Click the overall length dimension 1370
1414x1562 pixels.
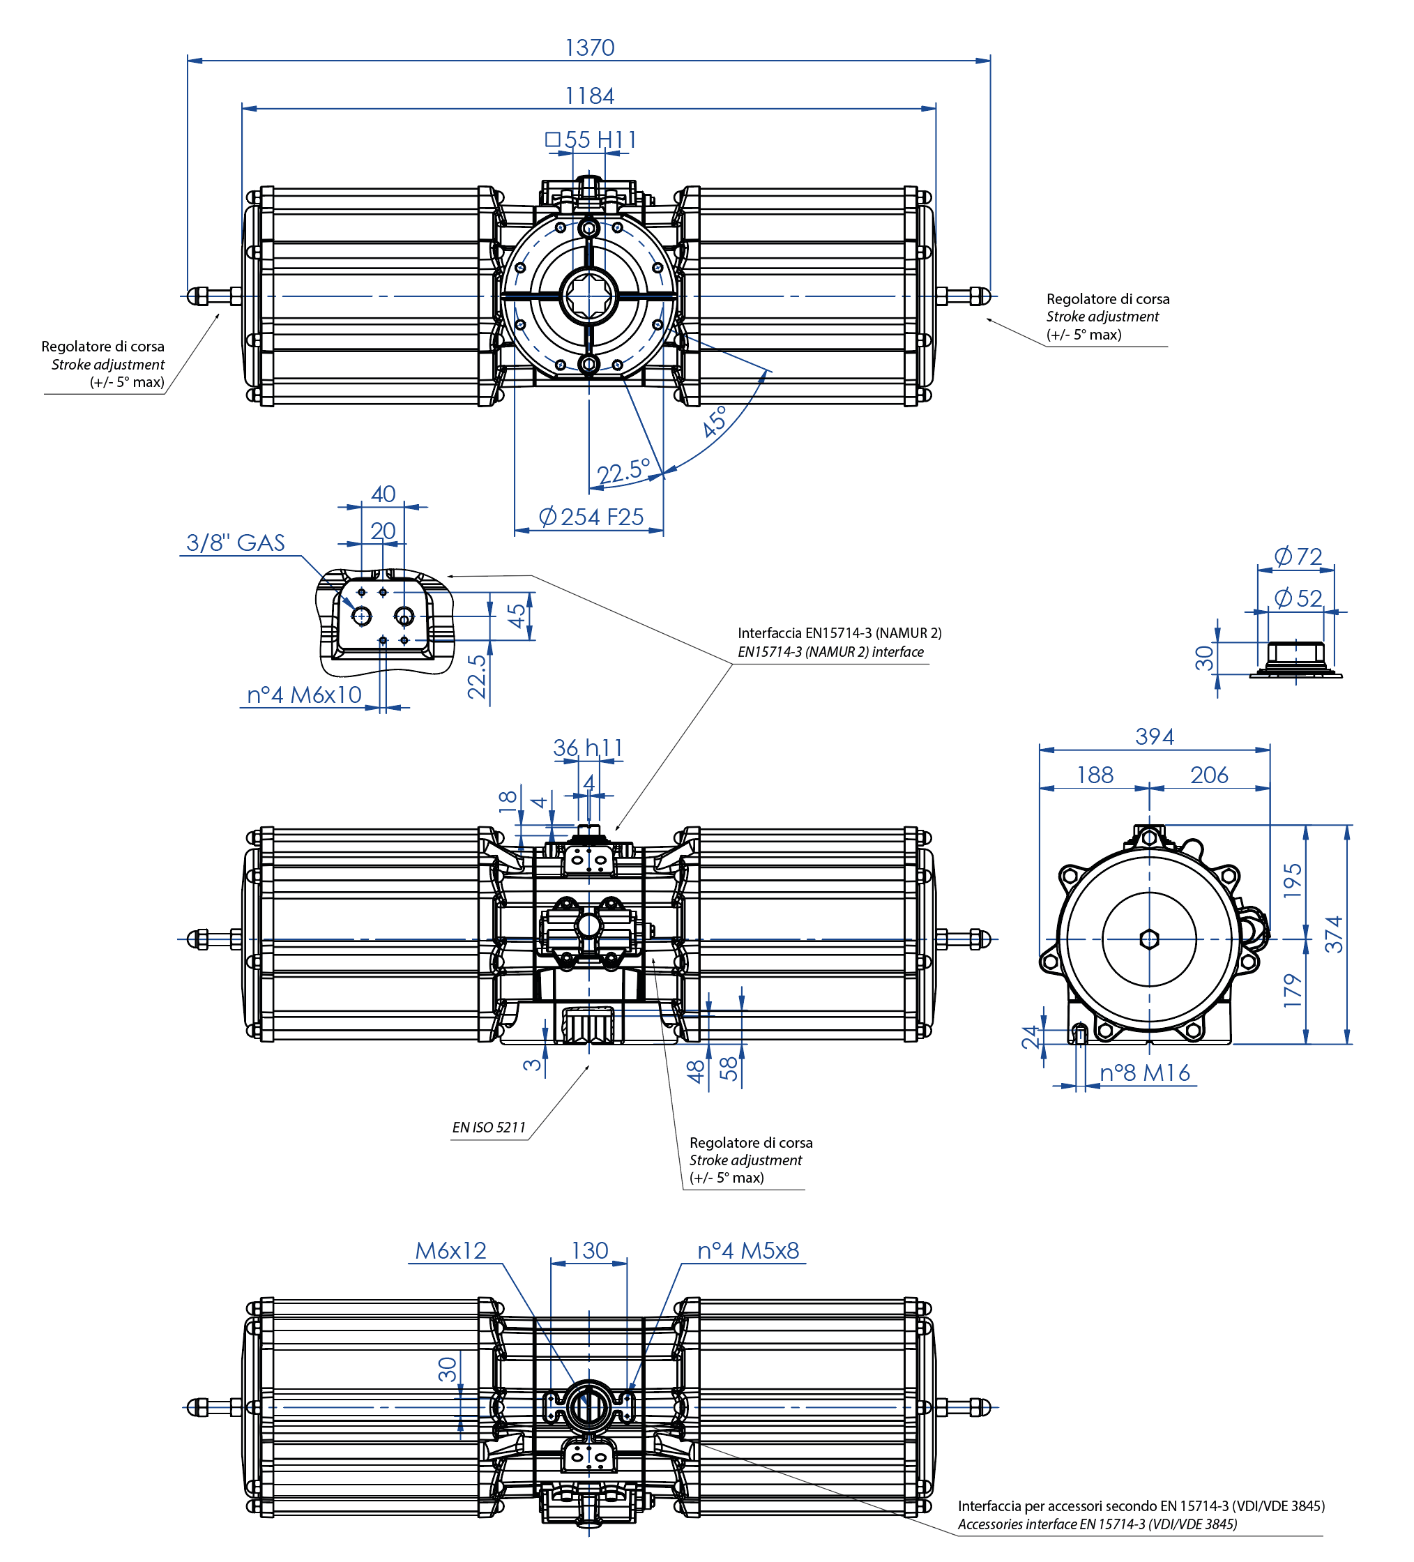click(x=589, y=48)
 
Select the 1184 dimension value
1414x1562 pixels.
click(x=589, y=96)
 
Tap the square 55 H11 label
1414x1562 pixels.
click(x=591, y=140)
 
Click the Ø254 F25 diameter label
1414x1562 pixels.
click(x=591, y=517)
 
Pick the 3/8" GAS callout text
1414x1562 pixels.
click(x=235, y=543)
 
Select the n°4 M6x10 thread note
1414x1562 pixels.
click(x=304, y=695)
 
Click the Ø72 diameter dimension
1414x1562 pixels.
click(x=1298, y=556)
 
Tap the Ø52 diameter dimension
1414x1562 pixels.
click(x=1298, y=598)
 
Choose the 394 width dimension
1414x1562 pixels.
click(x=1154, y=737)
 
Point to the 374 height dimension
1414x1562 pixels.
click(x=1333, y=934)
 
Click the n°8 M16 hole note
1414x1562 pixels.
click(x=1144, y=1073)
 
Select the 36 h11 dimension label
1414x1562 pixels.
click(x=587, y=748)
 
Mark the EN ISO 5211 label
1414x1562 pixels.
click(x=488, y=1128)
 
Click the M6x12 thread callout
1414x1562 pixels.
click(x=450, y=1250)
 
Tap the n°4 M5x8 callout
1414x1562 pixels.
click(x=747, y=1250)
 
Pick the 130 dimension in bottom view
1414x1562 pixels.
click(x=590, y=1250)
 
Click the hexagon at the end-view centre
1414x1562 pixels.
click(x=1149, y=940)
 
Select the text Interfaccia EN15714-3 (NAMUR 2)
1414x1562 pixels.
click(x=839, y=633)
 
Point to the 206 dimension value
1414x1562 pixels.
click(x=1209, y=775)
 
